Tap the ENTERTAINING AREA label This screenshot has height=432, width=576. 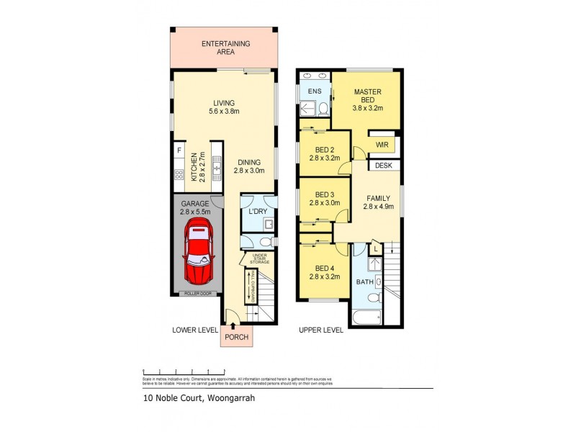(x=225, y=48)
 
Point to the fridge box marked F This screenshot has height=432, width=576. (x=178, y=152)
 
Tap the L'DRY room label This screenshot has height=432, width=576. (x=257, y=213)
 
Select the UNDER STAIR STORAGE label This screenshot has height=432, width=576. (x=259, y=258)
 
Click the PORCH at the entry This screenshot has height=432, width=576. (x=236, y=336)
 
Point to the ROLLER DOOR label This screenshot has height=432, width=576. (x=197, y=293)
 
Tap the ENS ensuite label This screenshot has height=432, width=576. (x=315, y=92)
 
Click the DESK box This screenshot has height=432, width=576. (x=383, y=166)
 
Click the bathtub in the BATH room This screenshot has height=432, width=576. (x=366, y=316)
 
